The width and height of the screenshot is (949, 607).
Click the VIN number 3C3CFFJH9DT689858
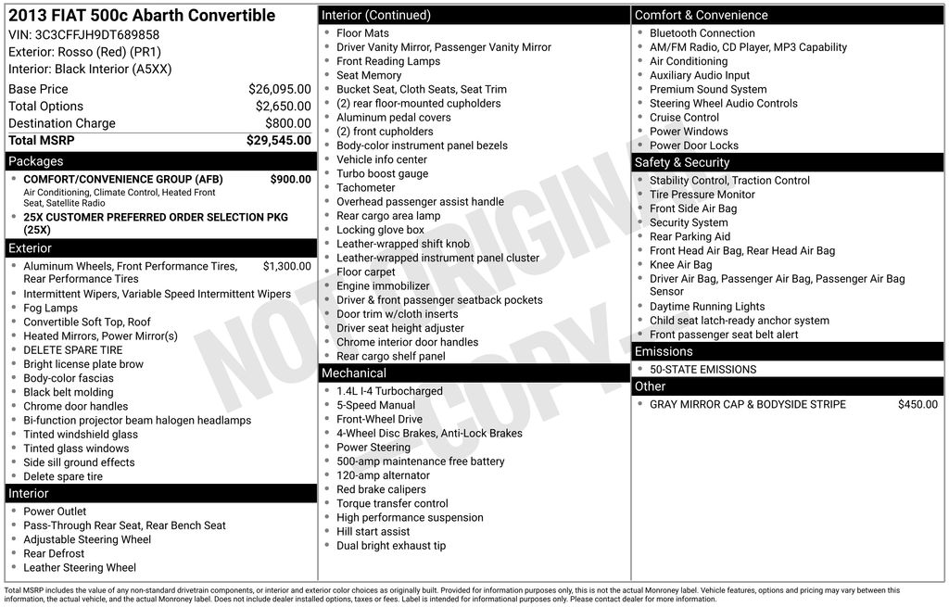coord(96,35)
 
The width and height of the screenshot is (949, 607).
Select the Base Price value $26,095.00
coord(279,90)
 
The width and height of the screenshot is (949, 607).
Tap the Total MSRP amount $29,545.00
coord(278,141)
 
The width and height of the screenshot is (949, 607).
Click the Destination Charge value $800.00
coord(288,123)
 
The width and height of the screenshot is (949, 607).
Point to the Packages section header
coord(36,161)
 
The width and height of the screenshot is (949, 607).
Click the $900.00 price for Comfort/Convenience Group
coord(290,180)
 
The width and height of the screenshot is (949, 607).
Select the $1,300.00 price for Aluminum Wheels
coord(286,267)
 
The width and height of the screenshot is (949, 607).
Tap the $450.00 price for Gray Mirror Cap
coord(917,405)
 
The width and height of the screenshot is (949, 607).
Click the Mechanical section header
coord(353,373)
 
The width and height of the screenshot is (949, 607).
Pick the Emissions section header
coord(664,352)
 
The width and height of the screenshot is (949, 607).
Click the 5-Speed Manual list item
coord(375,406)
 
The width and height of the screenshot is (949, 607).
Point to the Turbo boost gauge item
coord(382,174)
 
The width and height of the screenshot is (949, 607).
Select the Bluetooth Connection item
coord(702,33)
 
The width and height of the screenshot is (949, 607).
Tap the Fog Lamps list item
coord(50,309)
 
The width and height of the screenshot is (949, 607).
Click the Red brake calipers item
coord(381,490)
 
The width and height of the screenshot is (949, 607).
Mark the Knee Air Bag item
coord(680,265)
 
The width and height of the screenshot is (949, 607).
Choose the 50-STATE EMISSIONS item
coord(702,370)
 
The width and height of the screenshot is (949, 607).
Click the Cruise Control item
coord(684,118)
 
